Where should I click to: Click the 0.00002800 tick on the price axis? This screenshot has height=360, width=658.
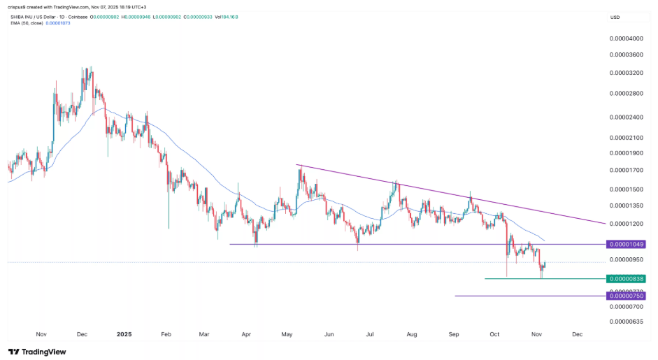coord(626,93)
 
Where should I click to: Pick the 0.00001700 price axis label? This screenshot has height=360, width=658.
coord(626,170)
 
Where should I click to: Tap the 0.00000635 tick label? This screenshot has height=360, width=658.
coord(626,322)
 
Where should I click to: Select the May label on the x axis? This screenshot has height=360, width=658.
coord(287,335)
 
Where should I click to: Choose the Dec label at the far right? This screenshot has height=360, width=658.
coord(577,335)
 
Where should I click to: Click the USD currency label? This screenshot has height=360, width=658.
coord(615,17)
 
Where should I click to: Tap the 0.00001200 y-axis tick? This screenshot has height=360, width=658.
coord(626,224)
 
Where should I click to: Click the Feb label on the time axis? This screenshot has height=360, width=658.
coord(166,335)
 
